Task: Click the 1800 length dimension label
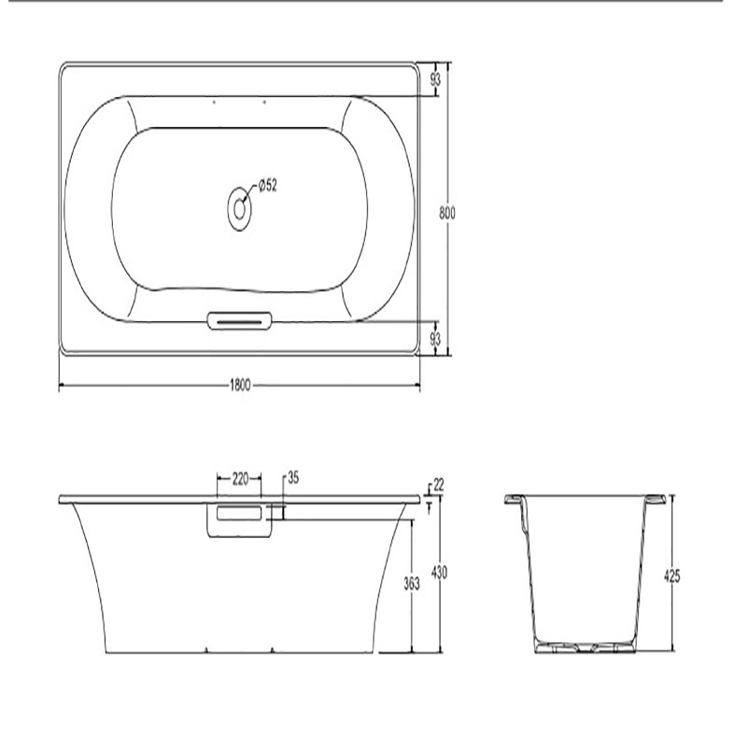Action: (240, 385)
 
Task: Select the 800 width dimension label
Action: (447, 213)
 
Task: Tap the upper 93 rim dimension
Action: (435, 79)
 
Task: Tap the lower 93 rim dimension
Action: (435, 339)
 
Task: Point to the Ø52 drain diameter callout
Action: (268, 185)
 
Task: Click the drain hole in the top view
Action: (239, 208)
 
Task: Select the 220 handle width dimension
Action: (241, 478)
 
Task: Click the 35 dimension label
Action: (293, 478)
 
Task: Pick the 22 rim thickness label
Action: (439, 485)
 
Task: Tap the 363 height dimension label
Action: (412, 584)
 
